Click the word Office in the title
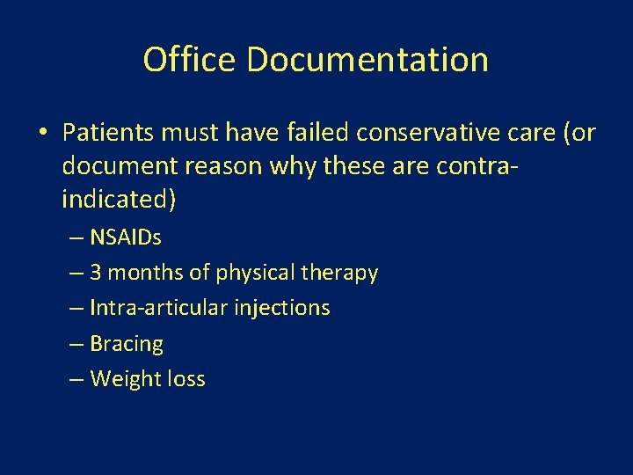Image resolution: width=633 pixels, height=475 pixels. (190, 60)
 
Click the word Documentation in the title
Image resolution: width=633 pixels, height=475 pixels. (367, 60)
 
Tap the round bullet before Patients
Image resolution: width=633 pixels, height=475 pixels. (41, 134)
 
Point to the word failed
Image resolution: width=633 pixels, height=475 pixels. (316, 133)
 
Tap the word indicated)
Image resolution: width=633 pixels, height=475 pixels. (119, 200)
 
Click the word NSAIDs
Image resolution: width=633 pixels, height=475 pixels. (126, 237)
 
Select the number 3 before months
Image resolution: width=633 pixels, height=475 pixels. (96, 273)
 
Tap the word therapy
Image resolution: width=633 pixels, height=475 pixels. (339, 273)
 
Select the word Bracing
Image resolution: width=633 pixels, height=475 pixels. (127, 344)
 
